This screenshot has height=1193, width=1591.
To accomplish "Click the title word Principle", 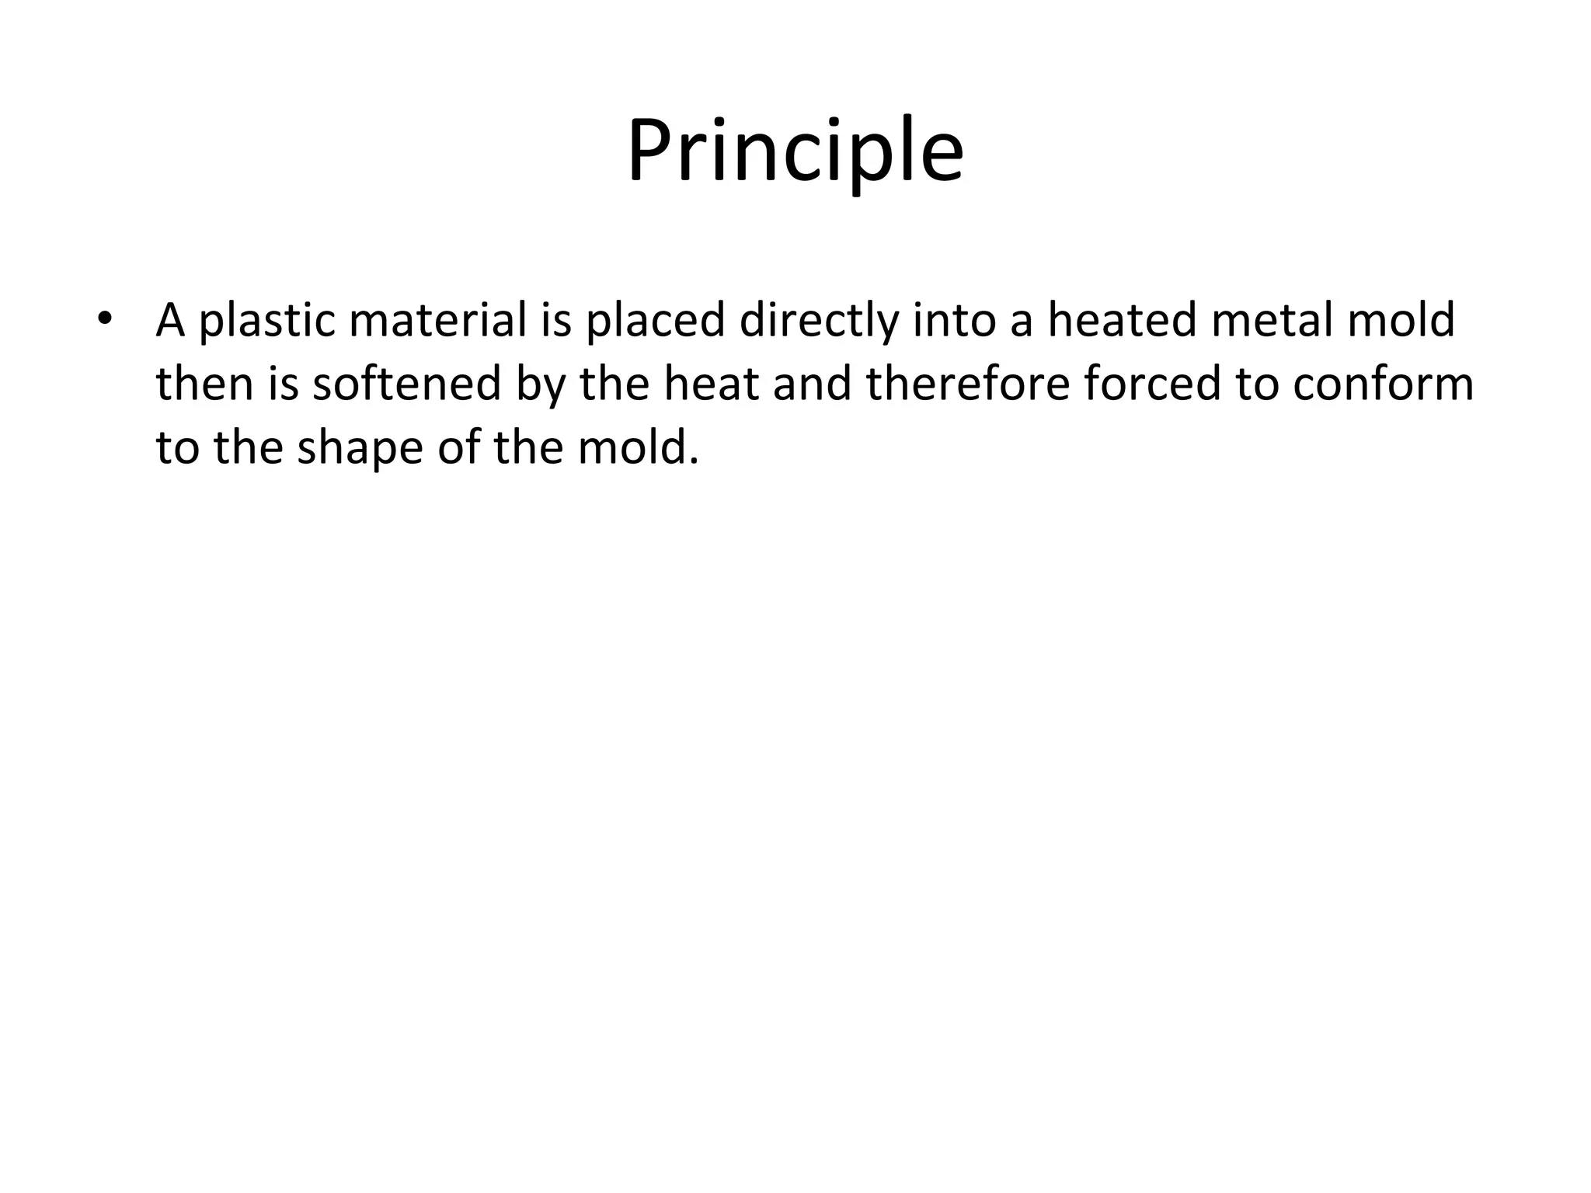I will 795,151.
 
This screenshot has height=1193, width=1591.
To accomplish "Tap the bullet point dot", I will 105,319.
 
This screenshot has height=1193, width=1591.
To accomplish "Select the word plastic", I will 266,321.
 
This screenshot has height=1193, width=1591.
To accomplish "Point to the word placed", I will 655,321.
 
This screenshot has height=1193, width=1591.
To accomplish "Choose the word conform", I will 1383,384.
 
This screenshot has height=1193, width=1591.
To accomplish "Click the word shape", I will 360,449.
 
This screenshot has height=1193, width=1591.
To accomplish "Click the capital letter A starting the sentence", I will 170,319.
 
